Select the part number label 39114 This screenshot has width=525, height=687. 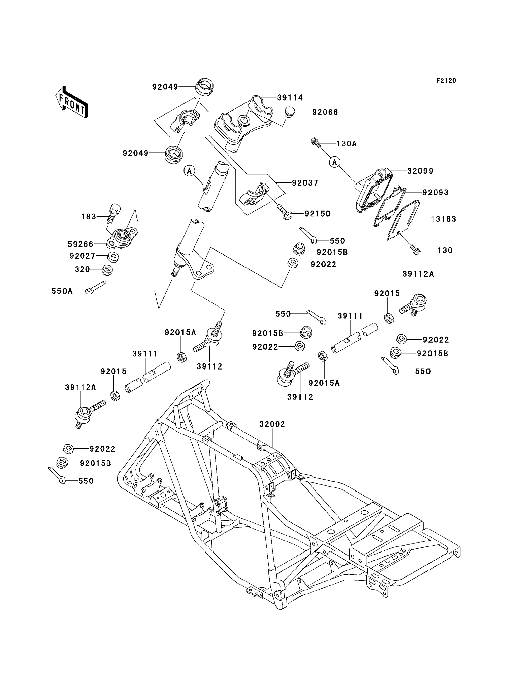point(290,98)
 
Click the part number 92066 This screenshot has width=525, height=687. point(325,112)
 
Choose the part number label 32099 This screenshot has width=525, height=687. point(420,171)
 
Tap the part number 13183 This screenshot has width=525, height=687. point(443,219)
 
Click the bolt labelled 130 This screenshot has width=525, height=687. point(415,250)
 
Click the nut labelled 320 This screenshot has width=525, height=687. point(107,270)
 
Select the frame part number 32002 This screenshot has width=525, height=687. point(272,424)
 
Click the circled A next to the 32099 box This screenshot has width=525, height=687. point(335,162)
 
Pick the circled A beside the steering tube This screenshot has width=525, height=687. point(189,171)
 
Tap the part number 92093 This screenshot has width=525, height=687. point(435,193)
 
